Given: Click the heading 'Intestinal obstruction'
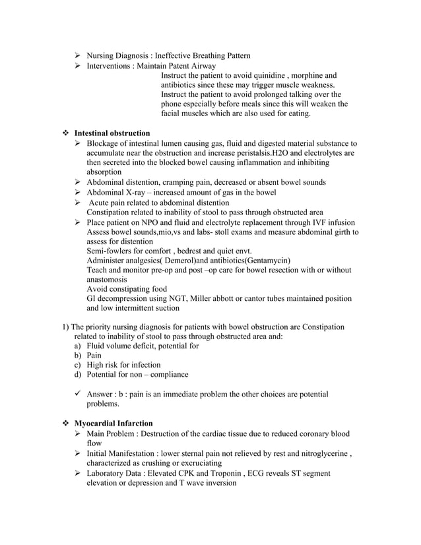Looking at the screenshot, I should click(112, 133).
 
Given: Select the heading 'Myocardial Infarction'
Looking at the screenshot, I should click(113, 423).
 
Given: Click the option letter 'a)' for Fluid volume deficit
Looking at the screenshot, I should click(77, 345).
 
